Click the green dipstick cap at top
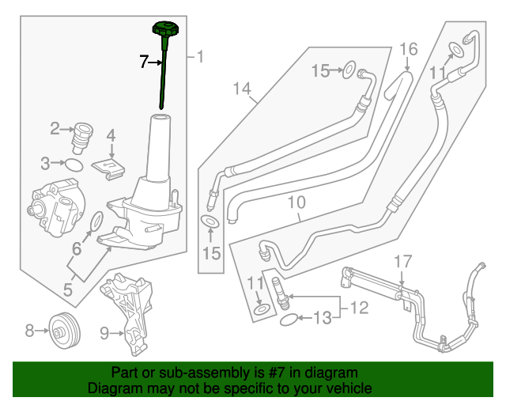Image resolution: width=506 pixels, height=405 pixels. [x=167, y=32]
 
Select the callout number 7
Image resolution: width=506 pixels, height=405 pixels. [x=144, y=61]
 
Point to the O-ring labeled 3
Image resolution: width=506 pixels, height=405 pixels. [x=73, y=165]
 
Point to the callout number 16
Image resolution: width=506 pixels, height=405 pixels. [x=408, y=50]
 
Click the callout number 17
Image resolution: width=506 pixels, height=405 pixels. [x=402, y=260]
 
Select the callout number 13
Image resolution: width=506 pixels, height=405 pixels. [x=322, y=319]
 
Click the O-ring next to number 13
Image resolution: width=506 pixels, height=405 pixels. [x=289, y=320]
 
